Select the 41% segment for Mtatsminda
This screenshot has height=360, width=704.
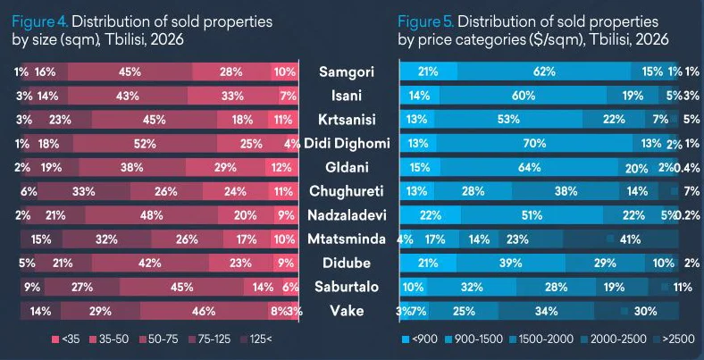point(630,239)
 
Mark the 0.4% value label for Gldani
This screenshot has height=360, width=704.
point(689,167)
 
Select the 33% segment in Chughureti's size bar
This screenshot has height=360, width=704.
point(84,191)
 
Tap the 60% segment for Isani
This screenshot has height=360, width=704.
point(517,96)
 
